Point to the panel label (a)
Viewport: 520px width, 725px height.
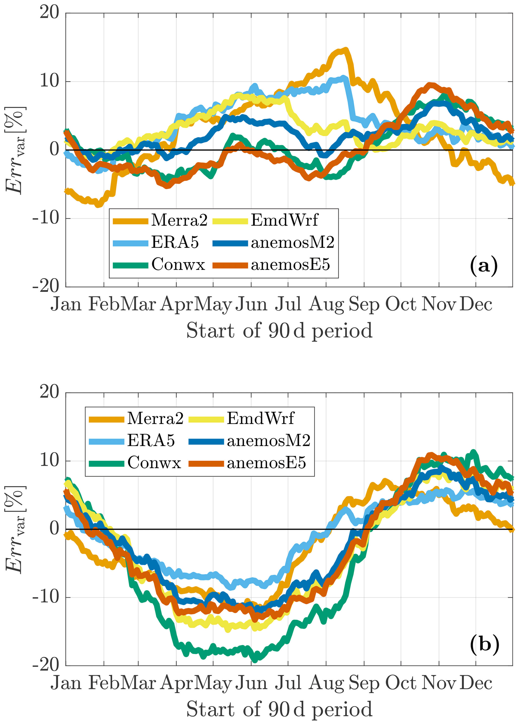coord(484,265)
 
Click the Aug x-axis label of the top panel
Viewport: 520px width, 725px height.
coord(326,304)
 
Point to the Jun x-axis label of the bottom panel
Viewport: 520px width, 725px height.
coord(251,683)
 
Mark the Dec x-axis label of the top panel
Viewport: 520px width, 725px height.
coord(476,304)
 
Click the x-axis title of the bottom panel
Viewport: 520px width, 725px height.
coord(279,709)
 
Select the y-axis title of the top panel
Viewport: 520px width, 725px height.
coord(15,150)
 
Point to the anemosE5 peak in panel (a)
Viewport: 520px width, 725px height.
coord(430,85)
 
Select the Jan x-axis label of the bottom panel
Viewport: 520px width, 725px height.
coord(66,683)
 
